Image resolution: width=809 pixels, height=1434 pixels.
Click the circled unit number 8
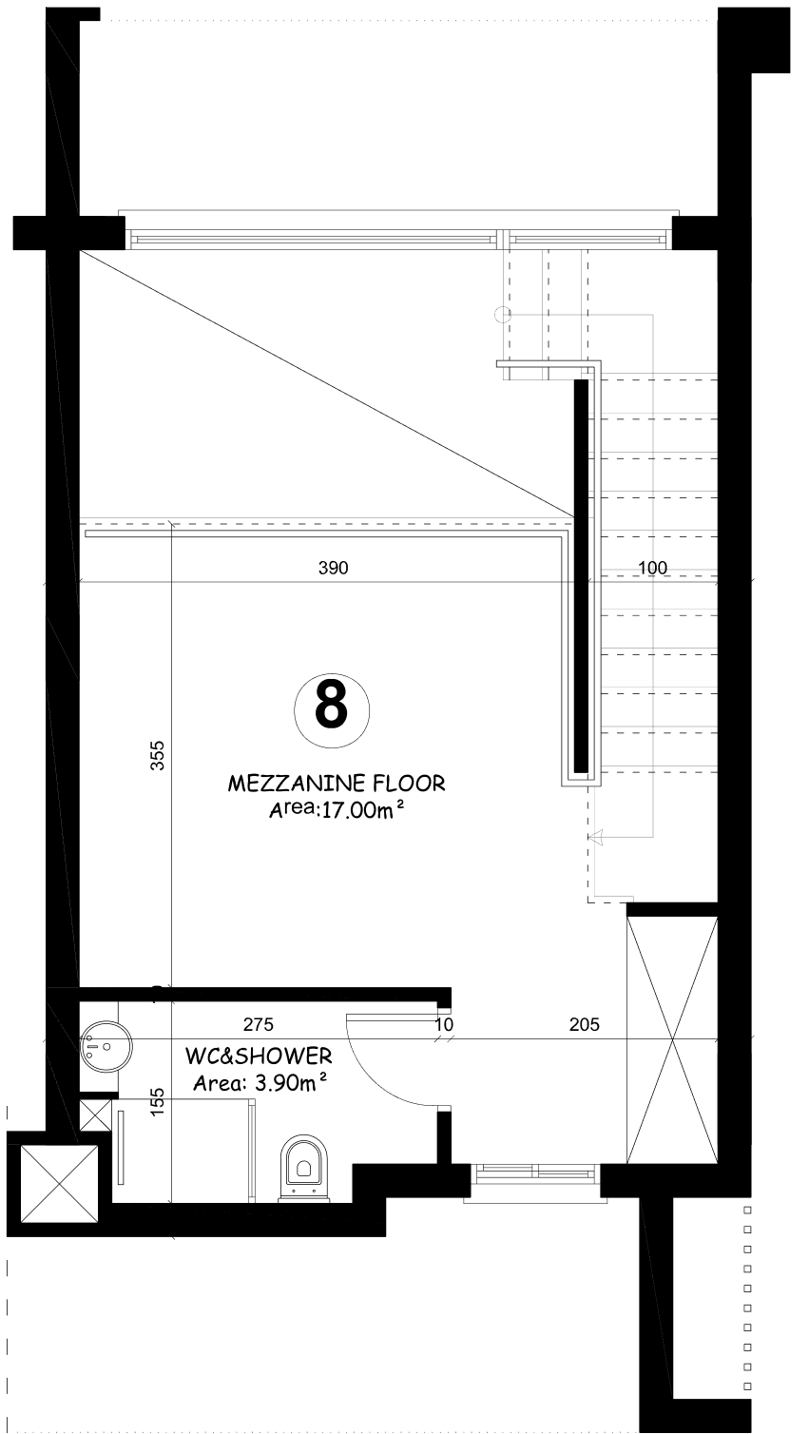point(332,710)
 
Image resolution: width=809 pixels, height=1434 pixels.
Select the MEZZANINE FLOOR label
point(337,784)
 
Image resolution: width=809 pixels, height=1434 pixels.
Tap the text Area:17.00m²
point(337,810)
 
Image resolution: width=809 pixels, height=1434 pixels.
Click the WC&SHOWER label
point(259,1056)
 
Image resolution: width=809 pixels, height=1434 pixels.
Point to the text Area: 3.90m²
point(260,1082)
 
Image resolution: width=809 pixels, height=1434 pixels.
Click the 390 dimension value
point(334,568)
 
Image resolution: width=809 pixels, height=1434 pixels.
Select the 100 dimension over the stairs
point(653,568)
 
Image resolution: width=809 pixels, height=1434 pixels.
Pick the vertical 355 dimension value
point(158,755)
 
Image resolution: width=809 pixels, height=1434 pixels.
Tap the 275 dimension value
point(259,1025)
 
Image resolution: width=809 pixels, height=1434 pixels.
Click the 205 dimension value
point(585,1025)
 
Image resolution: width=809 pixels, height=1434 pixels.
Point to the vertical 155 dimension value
point(158,1102)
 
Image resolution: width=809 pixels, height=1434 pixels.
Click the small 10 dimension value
point(444,1025)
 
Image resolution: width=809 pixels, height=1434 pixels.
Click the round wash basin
point(106,1046)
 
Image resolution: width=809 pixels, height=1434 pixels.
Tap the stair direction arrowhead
point(595,837)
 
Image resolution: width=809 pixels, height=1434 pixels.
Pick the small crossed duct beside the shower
point(95,1115)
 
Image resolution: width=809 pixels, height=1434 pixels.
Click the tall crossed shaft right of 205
point(672,1039)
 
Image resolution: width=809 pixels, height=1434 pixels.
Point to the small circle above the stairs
point(503,315)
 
